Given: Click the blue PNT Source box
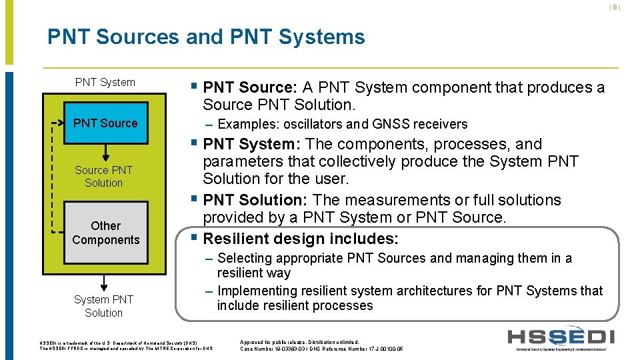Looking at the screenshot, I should [105, 123].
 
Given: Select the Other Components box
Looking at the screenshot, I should [105, 233].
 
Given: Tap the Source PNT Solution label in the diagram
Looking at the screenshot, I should [104, 176].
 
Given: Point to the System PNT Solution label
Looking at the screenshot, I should [103, 306].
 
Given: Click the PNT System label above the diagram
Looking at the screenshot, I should [105, 82].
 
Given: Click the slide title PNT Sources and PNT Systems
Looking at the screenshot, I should [206, 36].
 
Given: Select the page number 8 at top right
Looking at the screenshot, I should [615, 7].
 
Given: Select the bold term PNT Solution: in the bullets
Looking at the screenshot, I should [255, 200].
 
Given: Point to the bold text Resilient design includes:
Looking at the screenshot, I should [301, 239].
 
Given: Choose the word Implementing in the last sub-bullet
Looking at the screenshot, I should [254, 291].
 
